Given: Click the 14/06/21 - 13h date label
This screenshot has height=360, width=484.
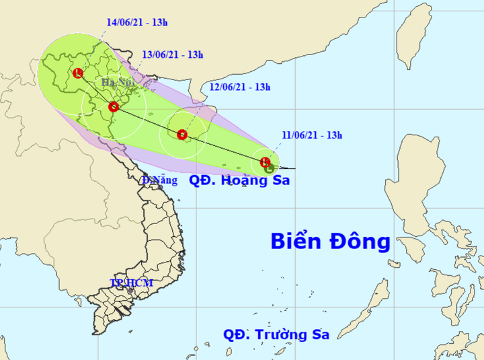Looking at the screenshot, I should tap(137, 22).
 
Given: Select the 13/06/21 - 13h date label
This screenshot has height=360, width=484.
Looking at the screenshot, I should tap(173, 55).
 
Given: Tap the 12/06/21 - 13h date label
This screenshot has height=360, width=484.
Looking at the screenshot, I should tap(239, 87).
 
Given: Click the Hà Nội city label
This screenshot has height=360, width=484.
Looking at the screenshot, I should tap(117, 83).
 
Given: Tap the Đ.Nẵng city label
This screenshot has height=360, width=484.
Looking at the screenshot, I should tap(160, 180).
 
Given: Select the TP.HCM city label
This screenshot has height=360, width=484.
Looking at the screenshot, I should tap(132, 283).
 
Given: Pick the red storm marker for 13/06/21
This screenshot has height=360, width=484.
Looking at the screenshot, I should tap(113, 106).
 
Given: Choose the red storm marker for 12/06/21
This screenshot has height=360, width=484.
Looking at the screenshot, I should tap(182, 135).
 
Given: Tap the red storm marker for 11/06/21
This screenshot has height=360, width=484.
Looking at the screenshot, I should tap(265, 161).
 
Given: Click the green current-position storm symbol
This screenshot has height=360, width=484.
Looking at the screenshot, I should tap(270, 168).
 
